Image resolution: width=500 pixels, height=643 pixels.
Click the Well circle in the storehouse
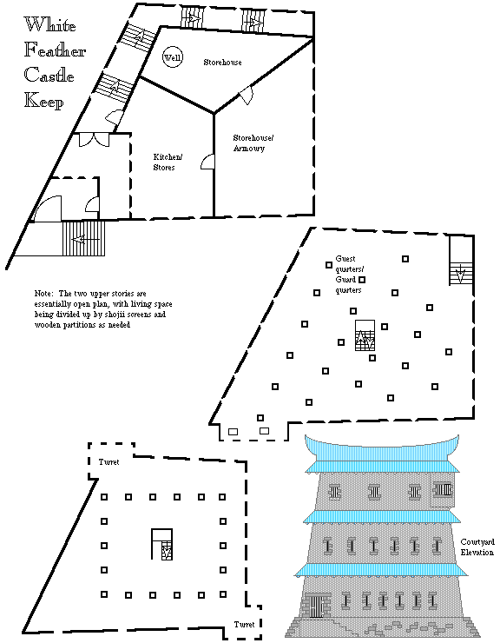click(173, 57)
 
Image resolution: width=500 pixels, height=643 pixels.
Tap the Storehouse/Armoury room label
click(253, 143)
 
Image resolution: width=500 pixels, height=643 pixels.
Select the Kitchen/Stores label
click(168, 162)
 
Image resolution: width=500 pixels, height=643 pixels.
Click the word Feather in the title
click(55, 50)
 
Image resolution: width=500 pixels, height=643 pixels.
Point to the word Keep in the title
click(44, 101)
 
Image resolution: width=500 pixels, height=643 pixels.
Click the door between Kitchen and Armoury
click(207, 162)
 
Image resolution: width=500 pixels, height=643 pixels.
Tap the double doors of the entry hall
click(95, 140)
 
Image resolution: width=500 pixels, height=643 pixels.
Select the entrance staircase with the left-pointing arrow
click(83, 239)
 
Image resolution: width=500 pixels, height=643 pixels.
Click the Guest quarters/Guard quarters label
click(349, 275)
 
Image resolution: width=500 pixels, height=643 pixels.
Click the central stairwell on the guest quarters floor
click(365, 335)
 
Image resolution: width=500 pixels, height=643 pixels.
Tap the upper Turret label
click(109, 462)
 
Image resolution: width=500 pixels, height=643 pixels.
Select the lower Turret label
click(245, 624)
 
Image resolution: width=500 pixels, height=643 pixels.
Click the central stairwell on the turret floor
click(162, 544)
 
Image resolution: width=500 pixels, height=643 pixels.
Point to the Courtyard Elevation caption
click(477, 547)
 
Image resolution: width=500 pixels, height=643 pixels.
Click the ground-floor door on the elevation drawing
click(316, 606)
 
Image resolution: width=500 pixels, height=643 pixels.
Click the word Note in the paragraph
click(44, 294)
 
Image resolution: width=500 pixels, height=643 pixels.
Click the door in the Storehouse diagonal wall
click(247, 96)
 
